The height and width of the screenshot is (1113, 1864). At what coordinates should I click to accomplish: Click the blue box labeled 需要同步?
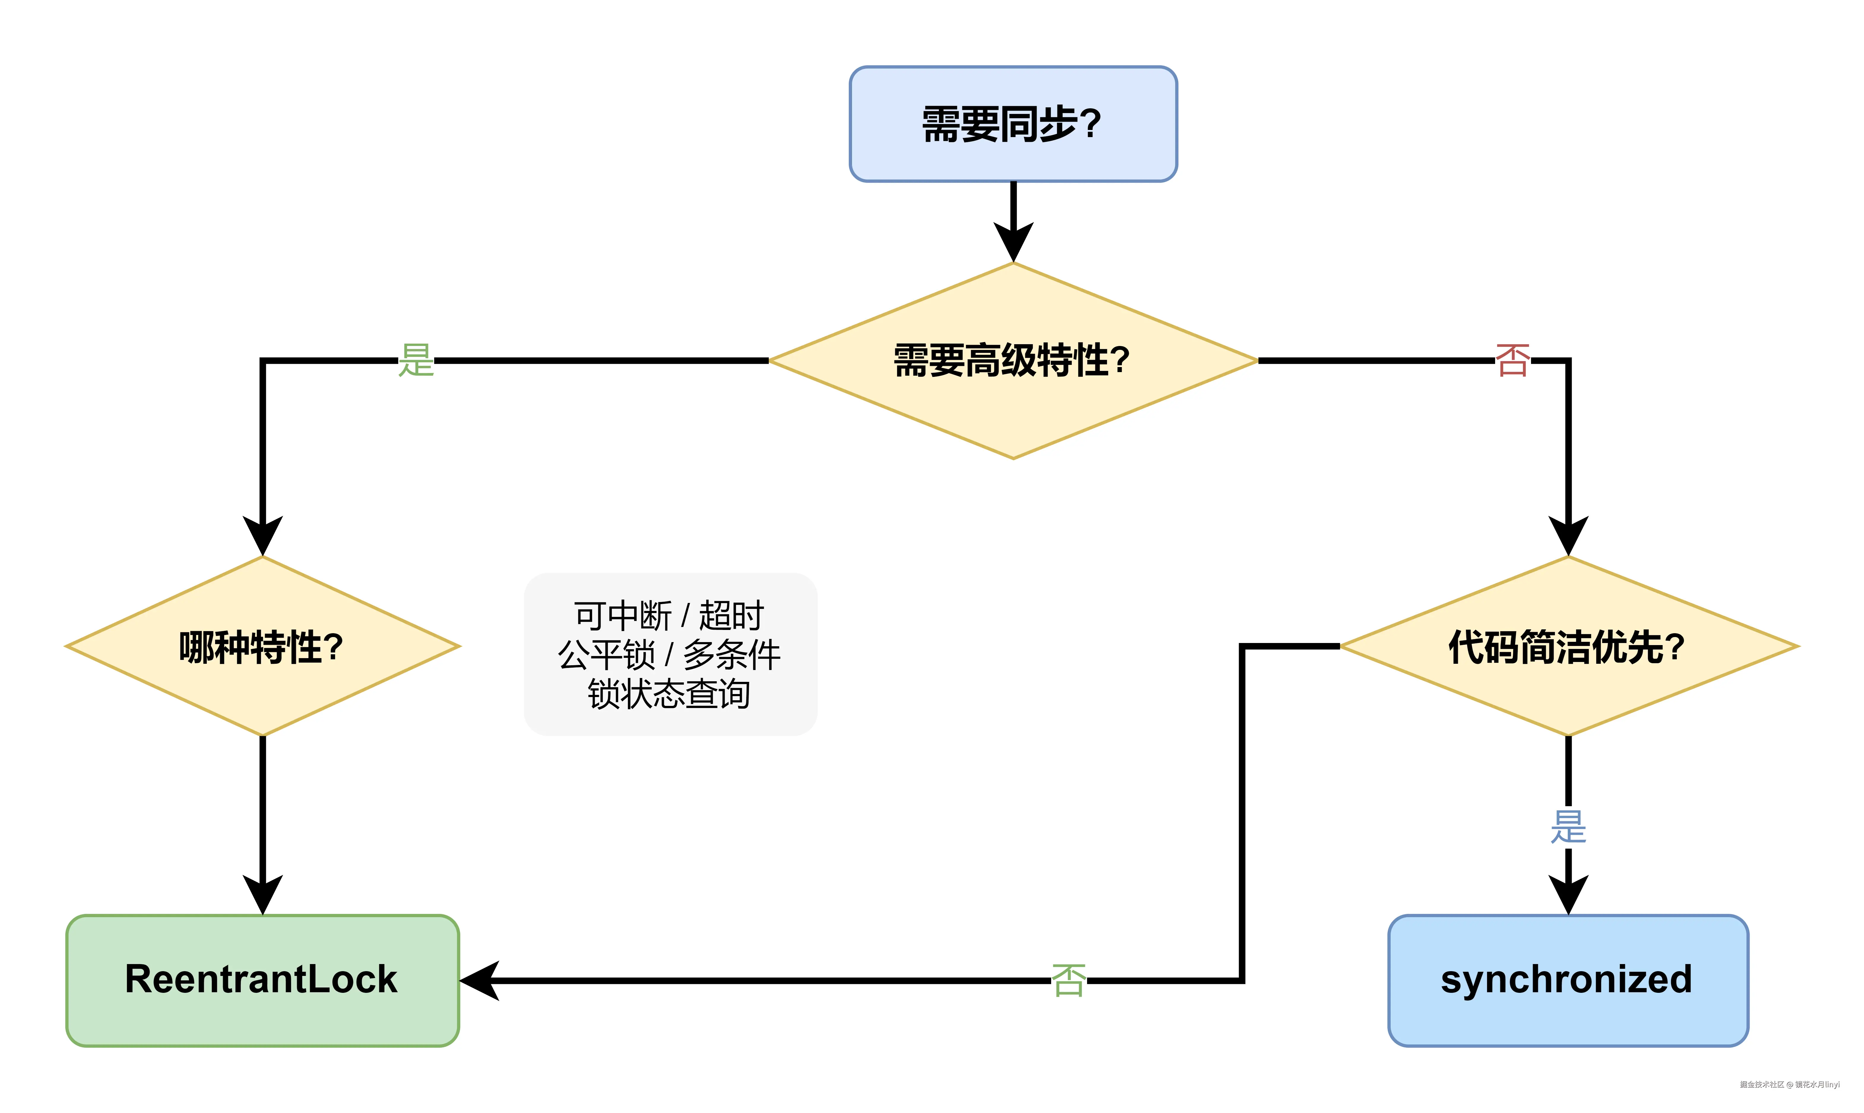pos(1013,124)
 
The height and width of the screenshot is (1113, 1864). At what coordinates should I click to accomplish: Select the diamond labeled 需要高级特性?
pos(1013,361)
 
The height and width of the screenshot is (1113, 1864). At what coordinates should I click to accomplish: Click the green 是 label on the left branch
pos(415,361)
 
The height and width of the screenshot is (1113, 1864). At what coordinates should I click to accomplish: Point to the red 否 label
pos(1512,361)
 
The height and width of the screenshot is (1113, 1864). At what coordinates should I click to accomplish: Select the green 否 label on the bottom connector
pos(1068,980)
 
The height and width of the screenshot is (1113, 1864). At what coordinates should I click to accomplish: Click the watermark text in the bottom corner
pos(1789,1085)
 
